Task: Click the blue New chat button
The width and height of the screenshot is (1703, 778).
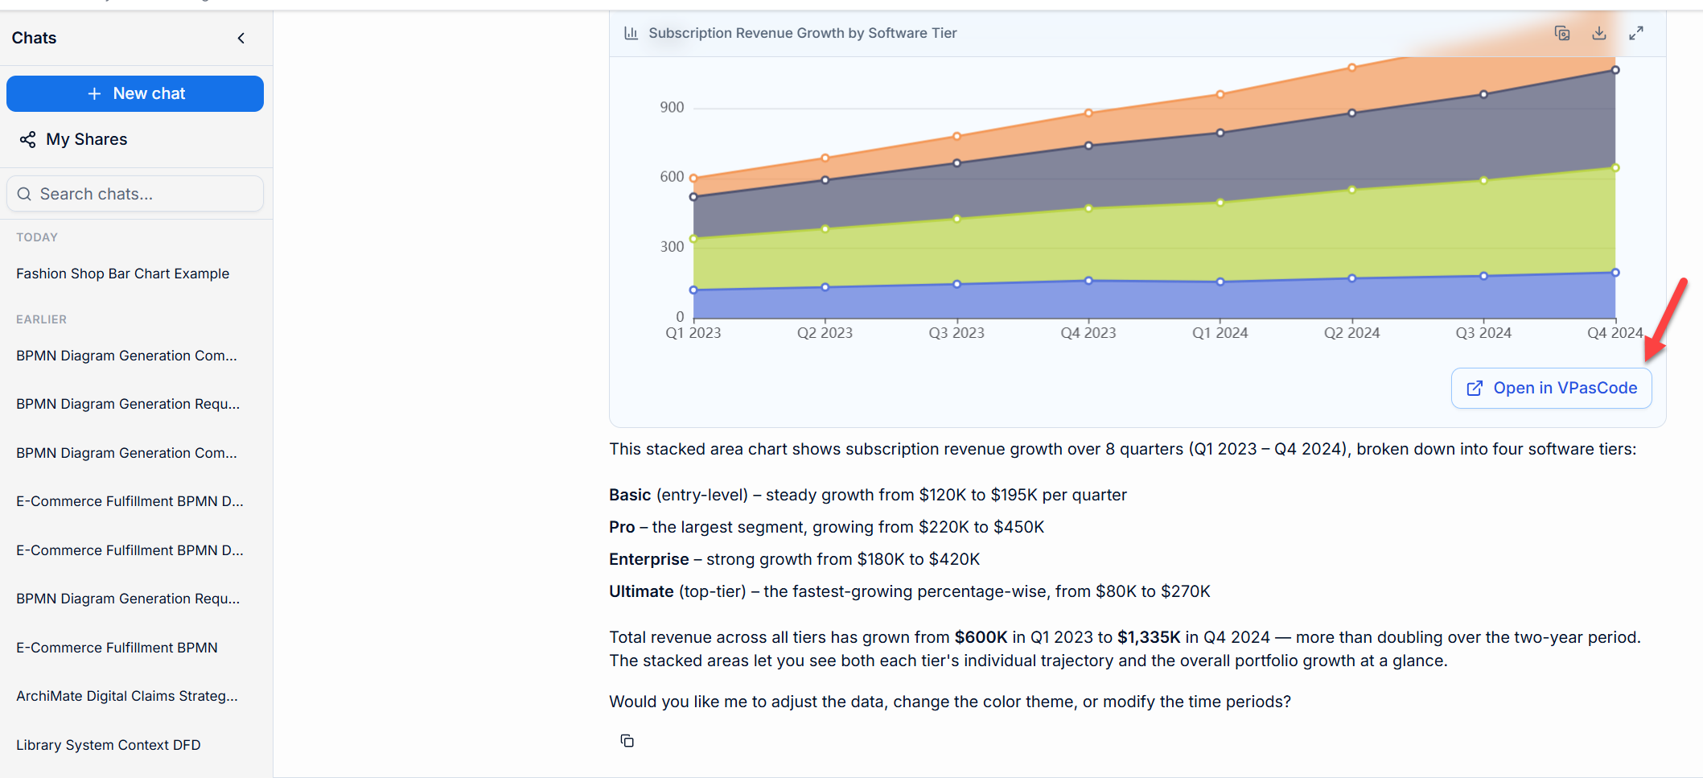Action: (135, 93)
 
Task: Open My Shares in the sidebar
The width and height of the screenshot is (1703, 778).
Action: (74, 139)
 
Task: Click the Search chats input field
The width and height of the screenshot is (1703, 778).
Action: (135, 194)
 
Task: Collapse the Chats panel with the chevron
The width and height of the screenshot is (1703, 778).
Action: (241, 38)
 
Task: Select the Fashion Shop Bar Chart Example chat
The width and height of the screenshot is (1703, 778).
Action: (123, 274)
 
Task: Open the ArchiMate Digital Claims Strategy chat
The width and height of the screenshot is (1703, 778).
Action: (127, 696)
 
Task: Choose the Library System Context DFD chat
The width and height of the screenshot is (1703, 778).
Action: (109, 745)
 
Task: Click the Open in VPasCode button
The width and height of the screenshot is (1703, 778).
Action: (1552, 388)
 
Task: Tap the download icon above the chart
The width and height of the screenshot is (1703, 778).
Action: (1599, 33)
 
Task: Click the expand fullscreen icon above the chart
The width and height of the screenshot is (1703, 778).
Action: (1636, 33)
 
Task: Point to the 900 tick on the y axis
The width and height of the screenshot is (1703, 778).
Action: (672, 107)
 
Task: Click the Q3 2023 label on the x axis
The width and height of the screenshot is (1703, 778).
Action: (956, 332)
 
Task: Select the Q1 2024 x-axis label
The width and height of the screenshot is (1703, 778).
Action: (1220, 332)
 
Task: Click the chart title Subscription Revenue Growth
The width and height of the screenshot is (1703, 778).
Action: (803, 33)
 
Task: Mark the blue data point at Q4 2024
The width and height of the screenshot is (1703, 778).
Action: (1615, 273)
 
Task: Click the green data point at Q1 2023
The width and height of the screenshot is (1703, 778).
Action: (693, 238)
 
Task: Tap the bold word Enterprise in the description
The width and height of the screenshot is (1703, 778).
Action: (649, 559)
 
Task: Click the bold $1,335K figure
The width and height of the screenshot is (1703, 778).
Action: (1149, 637)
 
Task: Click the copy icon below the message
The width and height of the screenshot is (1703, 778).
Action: (627, 741)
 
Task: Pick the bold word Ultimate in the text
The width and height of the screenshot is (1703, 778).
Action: (641, 591)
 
